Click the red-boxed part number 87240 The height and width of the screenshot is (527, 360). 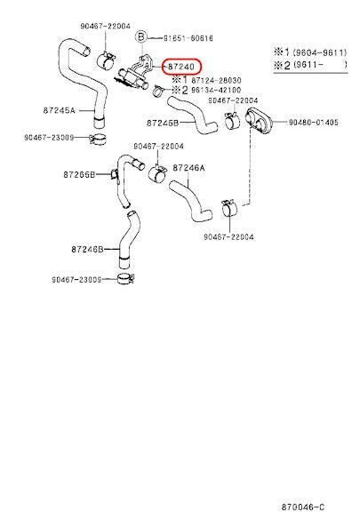coord(181,67)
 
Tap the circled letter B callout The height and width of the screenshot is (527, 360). coord(141,36)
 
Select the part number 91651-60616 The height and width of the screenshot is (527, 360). coord(188,38)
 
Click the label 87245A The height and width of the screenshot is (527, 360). coord(60,110)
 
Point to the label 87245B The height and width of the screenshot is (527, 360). coord(163,123)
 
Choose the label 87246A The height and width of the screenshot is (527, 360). coord(188,167)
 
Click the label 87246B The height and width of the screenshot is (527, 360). coord(87,249)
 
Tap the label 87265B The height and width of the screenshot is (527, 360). coord(79,174)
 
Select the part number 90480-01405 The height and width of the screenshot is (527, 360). coord(314,123)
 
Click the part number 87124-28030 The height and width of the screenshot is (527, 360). coord(216,80)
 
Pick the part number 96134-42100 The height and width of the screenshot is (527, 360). coord(216,90)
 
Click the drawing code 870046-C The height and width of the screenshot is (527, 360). coord(303,507)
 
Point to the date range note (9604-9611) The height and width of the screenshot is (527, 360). coord(320,52)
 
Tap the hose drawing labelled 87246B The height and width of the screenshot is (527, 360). coord(128,239)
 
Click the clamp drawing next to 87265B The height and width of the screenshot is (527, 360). coord(114,174)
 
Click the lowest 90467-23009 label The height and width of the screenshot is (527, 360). coord(76,279)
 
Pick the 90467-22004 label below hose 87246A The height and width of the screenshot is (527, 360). coord(228,237)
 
